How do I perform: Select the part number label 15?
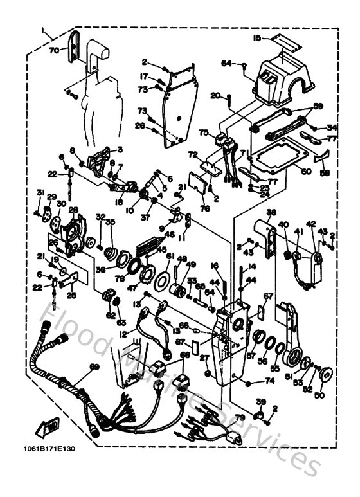257,38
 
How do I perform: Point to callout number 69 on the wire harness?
94,366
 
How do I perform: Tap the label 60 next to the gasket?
306,172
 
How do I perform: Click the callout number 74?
268,381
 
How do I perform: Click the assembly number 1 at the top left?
42,30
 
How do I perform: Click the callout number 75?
203,133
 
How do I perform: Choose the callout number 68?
185,354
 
